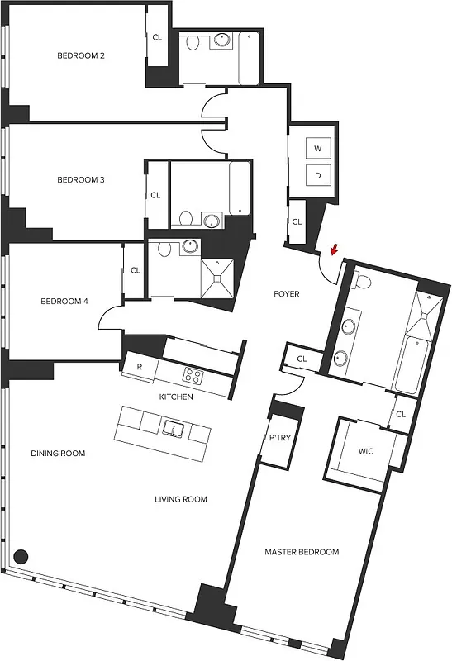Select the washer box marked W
[318, 149]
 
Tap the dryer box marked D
[318, 175]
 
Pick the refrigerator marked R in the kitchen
[140, 367]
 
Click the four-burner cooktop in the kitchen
[193, 376]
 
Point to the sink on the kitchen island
[174, 428]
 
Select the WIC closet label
[366, 452]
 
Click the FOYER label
[287, 294]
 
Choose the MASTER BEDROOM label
[302, 552]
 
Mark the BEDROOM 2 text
[80, 56]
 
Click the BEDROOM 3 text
[80, 179]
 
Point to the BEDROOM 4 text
[64, 302]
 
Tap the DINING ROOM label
[58, 453]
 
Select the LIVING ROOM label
[181, 499]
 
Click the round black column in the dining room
[21, 556]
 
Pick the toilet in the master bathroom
[362, 282]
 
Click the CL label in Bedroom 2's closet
[157, 37]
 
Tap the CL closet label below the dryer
[296, 221]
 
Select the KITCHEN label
[176, 397]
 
